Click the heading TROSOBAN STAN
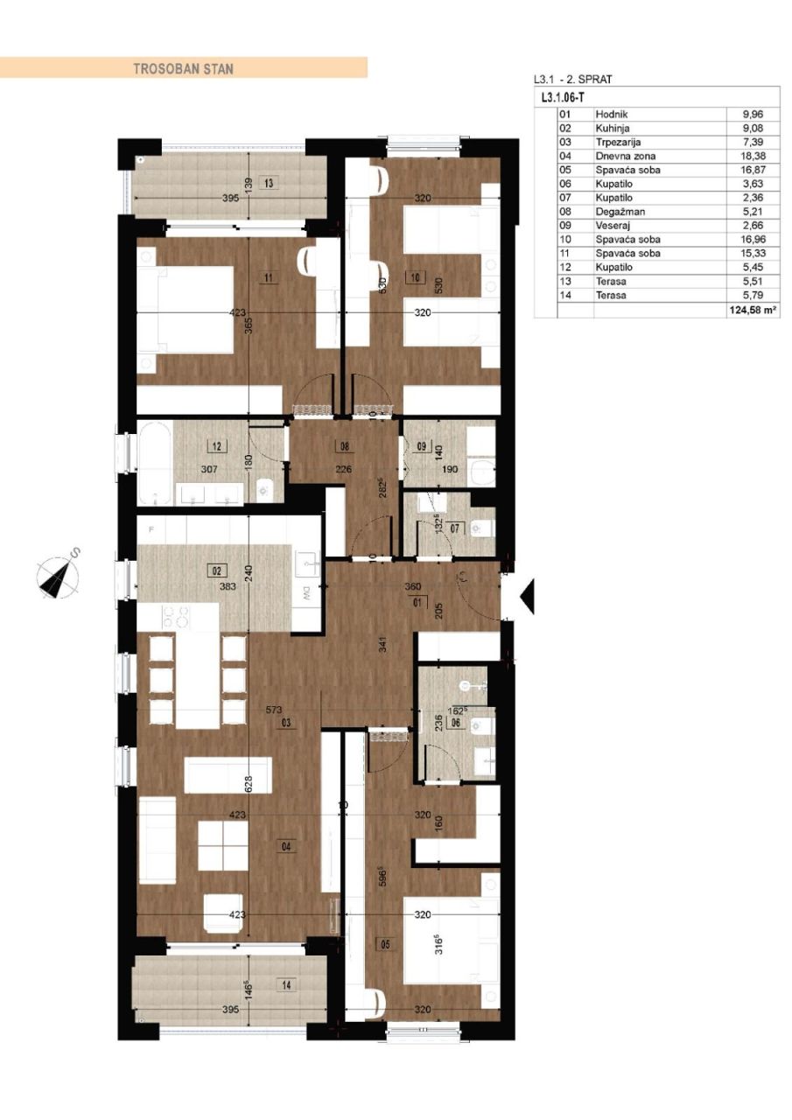click(183, 67)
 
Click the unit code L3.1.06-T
click(564, 99)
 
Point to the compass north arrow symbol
click(59, 573)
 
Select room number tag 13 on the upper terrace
click(269, 184)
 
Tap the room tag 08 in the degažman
click(344, 445)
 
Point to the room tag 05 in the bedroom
click(386, 944)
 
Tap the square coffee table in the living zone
click(223, 844)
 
